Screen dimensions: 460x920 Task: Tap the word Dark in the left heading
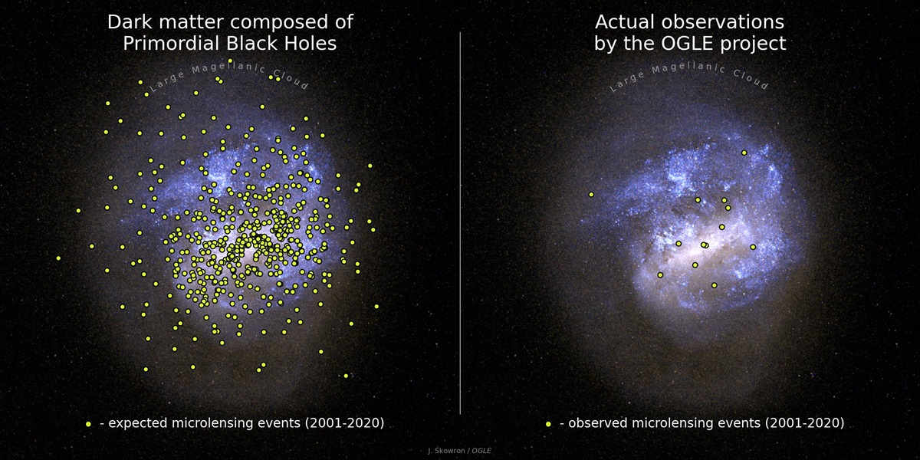click(128, 21)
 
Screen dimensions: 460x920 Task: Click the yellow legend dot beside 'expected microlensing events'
click(88, 424)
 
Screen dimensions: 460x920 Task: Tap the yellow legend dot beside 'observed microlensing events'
click(548, 424)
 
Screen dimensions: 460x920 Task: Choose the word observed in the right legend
click(601, 423)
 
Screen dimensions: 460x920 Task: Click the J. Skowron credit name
click(448, 451)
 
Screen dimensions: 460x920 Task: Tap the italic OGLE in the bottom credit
click(481, 451)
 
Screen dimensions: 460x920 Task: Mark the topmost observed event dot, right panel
click(744, 153)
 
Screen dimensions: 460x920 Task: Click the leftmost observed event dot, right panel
click(591, 194)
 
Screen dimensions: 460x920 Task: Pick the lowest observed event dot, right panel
click(714, 285)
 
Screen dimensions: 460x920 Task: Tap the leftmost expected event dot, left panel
click(58, 258)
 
